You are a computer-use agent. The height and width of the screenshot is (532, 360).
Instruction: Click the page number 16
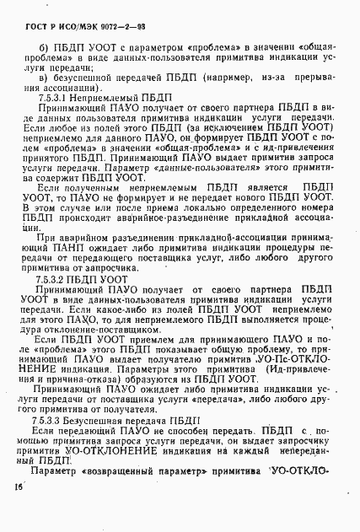click(x=19, y=511)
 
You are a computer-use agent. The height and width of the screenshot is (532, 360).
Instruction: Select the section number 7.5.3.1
click(x=52, y=99)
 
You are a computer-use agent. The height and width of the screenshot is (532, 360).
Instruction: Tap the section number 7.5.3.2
click(x=52, y=277)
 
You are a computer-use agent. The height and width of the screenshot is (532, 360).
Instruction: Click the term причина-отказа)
click(x=90, y=381)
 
